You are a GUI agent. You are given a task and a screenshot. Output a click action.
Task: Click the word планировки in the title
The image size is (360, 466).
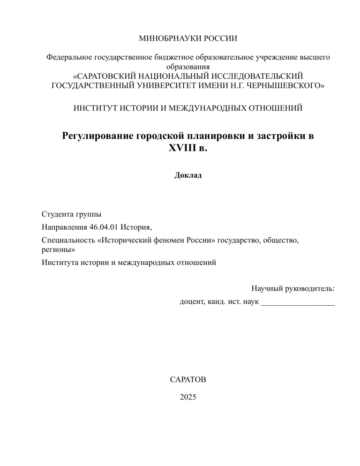click(213, 136)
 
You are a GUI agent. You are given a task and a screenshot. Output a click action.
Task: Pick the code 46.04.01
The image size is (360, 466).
click(103, 228)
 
